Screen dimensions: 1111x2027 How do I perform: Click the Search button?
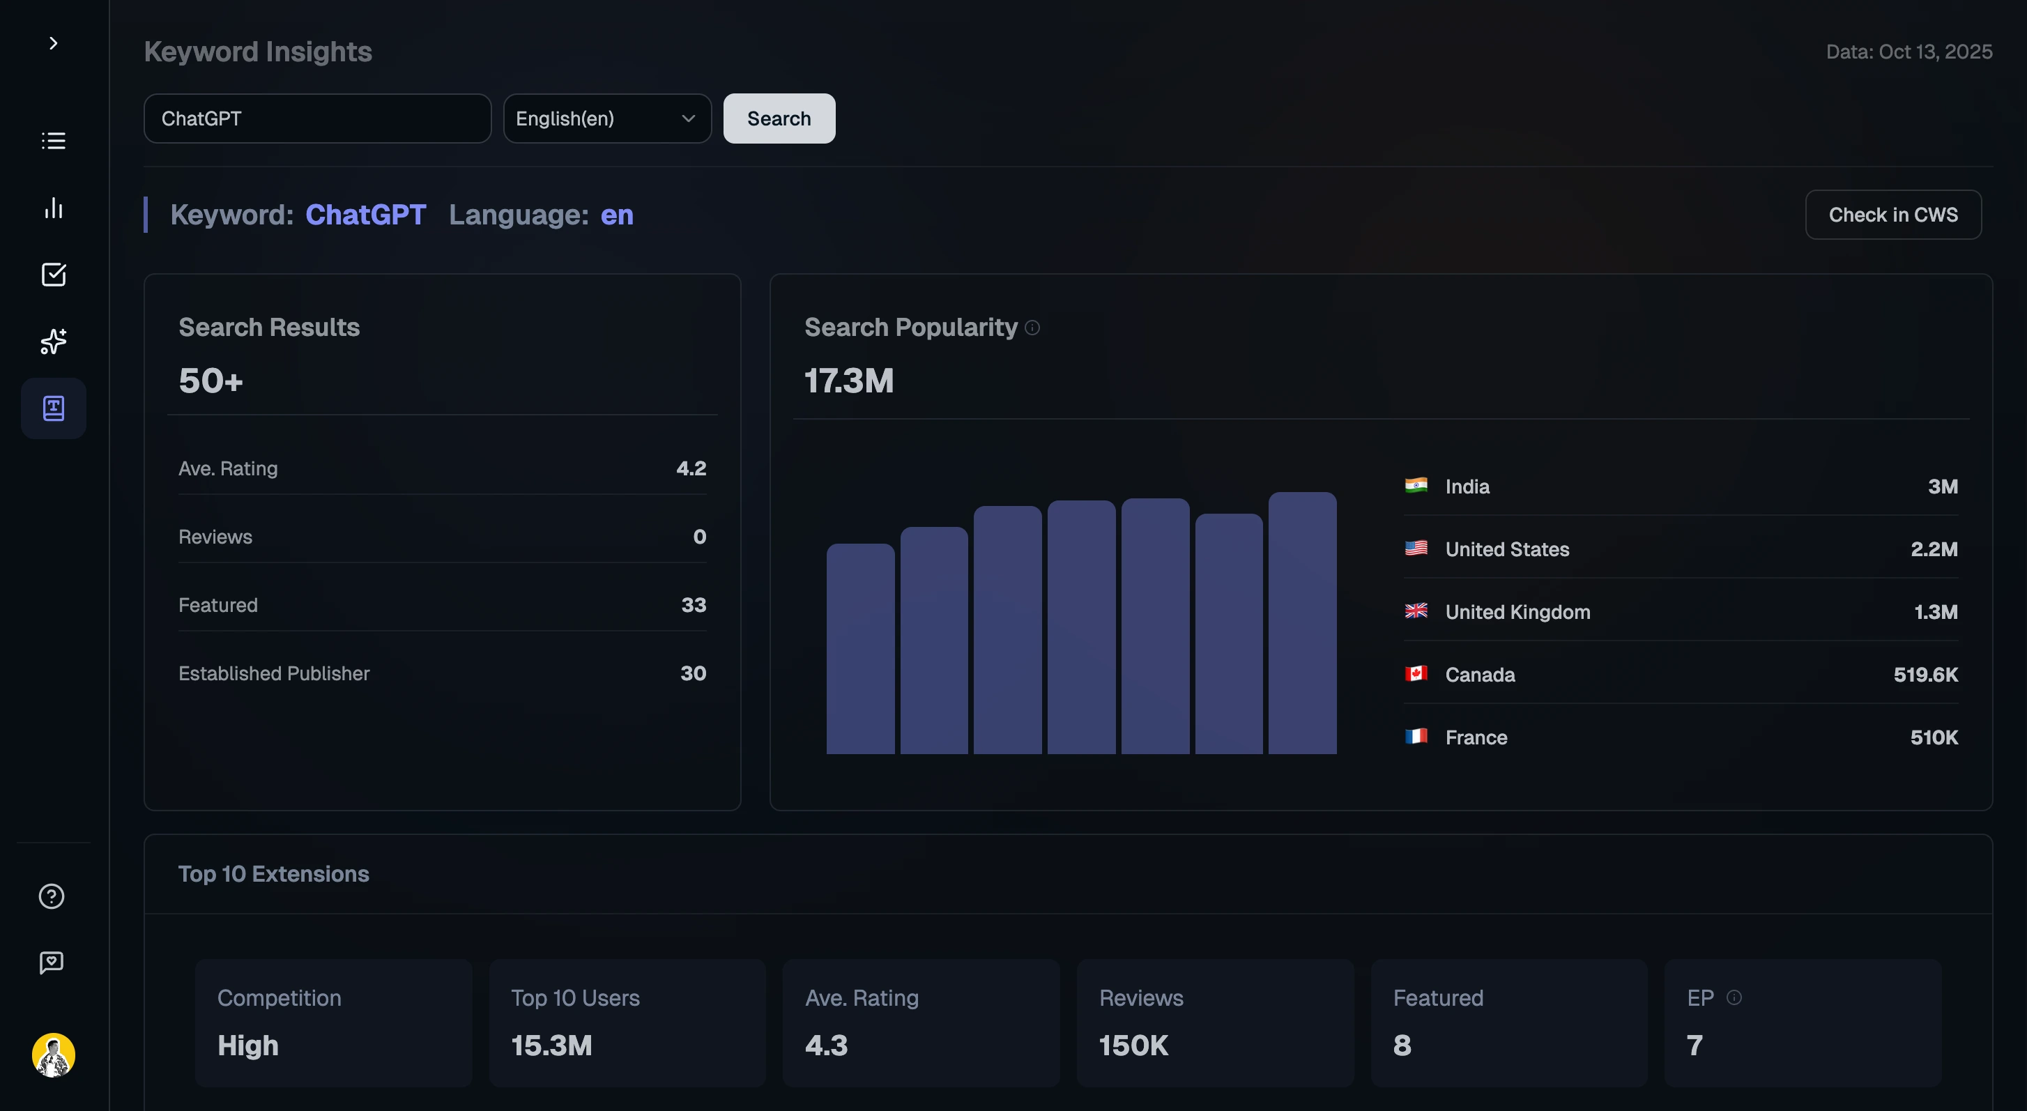click(x=778, y=118)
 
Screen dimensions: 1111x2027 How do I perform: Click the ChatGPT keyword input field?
click(x=317, y=118)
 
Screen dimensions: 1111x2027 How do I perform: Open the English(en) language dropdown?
click(x=606, y=118)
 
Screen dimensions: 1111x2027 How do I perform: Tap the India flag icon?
click(x=1416, y=486)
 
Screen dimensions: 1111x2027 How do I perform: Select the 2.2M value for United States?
click(x=1934, y=549)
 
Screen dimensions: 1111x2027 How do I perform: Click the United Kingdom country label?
click(x=1517, y=612)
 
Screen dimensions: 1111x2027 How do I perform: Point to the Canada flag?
click(x=1416, y=673)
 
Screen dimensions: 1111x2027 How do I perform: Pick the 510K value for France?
click(x=1934, y=737)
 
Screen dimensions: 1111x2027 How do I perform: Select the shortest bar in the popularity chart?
click(x=860, y=648)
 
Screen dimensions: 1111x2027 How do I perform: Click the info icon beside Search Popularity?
click(x=1032, y=328)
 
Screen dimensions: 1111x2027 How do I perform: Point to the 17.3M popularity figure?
click(x=848, y=381)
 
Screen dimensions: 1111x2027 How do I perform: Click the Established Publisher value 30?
click(x=692, y=673)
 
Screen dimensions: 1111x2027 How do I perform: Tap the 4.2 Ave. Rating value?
click(x=691, y=468)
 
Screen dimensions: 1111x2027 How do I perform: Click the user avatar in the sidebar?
click(x=54, y=1055)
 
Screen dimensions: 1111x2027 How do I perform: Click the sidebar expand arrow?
click(x=54, y=43)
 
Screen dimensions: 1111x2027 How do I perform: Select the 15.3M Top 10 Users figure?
click(x=551, y=1045)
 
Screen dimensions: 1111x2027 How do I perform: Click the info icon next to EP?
click(x=1734, y=997)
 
